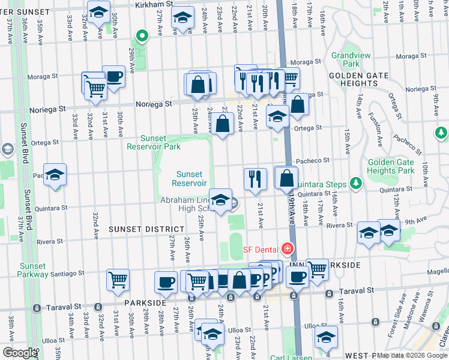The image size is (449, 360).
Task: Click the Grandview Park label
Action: (345, 59)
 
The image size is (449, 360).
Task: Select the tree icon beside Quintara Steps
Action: (356, 182)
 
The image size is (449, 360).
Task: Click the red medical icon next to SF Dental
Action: (288, 248)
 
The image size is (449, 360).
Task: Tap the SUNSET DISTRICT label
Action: (146, 229)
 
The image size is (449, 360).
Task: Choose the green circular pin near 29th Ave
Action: (142, 37)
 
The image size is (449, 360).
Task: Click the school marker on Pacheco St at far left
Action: (55, 175)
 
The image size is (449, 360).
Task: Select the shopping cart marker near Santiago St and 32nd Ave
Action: (118, 279)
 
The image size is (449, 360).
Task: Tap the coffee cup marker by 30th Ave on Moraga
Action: (113, 76)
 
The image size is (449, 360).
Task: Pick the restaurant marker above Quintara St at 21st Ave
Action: (255, 179)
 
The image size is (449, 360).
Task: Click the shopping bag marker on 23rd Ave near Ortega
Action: (222, 124)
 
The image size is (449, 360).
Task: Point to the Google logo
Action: (20, 353)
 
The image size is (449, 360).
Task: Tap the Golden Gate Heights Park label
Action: (391, 166)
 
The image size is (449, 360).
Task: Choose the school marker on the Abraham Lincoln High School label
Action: (220, 200)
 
